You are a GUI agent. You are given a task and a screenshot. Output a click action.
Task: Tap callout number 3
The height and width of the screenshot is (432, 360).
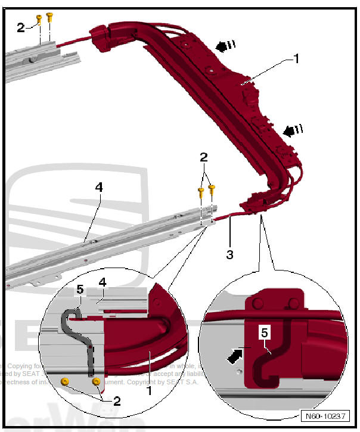(x=229, y=254)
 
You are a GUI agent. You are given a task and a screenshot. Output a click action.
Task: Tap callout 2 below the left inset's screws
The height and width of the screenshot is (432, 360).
(x=117, y=400)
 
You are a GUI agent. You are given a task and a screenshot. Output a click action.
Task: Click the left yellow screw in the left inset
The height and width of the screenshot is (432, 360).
(x=66, y=380)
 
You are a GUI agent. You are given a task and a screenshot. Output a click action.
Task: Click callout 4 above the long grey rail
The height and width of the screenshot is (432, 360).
(x=99, y=187)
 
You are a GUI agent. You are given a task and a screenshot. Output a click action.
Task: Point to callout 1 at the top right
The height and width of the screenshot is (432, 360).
(x=297, y=58)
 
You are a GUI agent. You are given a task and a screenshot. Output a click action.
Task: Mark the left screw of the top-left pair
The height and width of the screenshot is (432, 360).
(x=39, y=19)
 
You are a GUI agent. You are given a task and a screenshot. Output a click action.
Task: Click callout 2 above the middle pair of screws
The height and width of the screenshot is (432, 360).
(x=203, y=157)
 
